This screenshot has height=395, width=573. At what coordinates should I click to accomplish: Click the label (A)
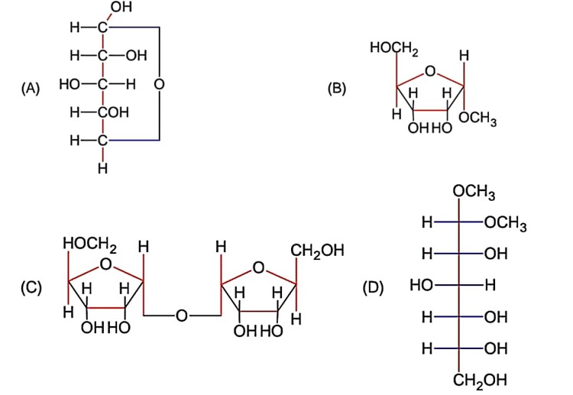(30, 89)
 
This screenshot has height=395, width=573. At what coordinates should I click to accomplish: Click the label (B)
(337, 88)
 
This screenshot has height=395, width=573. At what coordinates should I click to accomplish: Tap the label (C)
(31, 288)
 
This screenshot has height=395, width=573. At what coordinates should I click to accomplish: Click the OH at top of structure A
(120, 8)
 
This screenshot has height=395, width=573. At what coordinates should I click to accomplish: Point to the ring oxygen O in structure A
(159, 83)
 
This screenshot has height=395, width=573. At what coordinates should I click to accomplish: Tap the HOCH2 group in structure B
(393, 50)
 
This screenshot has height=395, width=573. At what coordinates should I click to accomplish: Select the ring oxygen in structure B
(430, 72)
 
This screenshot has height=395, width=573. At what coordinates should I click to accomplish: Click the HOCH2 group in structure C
(89, 246)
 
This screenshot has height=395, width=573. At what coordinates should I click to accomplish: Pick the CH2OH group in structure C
(317, 250)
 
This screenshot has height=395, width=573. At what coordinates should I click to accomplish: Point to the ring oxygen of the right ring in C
(259, 268)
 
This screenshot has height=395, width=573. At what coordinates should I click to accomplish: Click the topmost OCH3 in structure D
(474, 192)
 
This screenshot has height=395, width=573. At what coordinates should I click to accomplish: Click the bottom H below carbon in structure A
(102, 167)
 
